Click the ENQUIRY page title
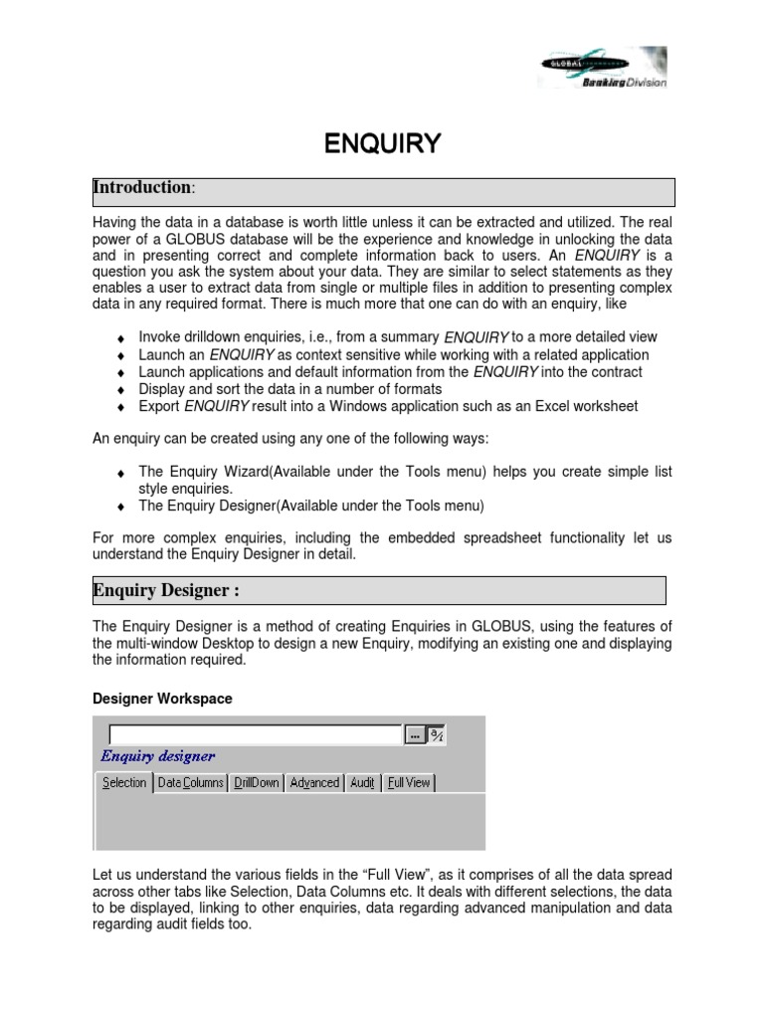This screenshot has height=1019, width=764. coord(382,144)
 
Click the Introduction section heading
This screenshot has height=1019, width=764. coord(142,188)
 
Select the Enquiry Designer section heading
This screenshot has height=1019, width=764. coord(165,591)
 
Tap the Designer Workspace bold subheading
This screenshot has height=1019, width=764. coord(162,699)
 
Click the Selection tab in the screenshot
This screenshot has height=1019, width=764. coord(124,783)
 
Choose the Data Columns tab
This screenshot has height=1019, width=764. coord(190,783)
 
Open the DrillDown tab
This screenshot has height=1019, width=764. coord(256,783)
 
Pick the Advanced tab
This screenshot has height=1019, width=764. coord(314,783)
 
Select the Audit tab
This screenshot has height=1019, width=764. coord(362,783)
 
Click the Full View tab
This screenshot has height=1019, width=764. coord(408,783)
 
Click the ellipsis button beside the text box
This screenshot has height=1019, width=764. coord(414,735)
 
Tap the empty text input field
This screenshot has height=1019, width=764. coord(249,735)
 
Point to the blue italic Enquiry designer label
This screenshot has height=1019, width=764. coord(157,756)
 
